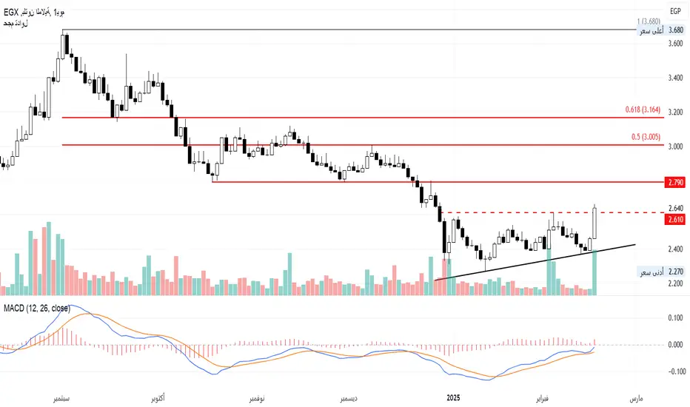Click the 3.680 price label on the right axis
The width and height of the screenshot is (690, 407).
click(675, 30)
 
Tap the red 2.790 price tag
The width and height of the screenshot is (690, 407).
click(675, 181)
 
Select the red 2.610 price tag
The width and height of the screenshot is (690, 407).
click(675, 220)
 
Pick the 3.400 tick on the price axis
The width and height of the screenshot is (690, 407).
click(675, 78)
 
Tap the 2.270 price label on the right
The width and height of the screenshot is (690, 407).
click(675, 272)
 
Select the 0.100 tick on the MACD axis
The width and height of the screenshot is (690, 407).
click(674, 317)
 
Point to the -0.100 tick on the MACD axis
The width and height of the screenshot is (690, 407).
click(673, 371)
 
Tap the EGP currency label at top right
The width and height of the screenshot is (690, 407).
click(675, 11)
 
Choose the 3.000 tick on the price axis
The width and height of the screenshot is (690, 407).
click(675, 147)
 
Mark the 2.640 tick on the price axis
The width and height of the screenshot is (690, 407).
click(675, 208)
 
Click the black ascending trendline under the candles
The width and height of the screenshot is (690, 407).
click(533, 258)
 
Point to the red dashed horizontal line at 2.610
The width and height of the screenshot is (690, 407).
click(518, 213)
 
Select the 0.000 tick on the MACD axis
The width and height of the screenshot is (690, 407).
click(674, 345)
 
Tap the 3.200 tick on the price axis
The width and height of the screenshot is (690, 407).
click(675, 112)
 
